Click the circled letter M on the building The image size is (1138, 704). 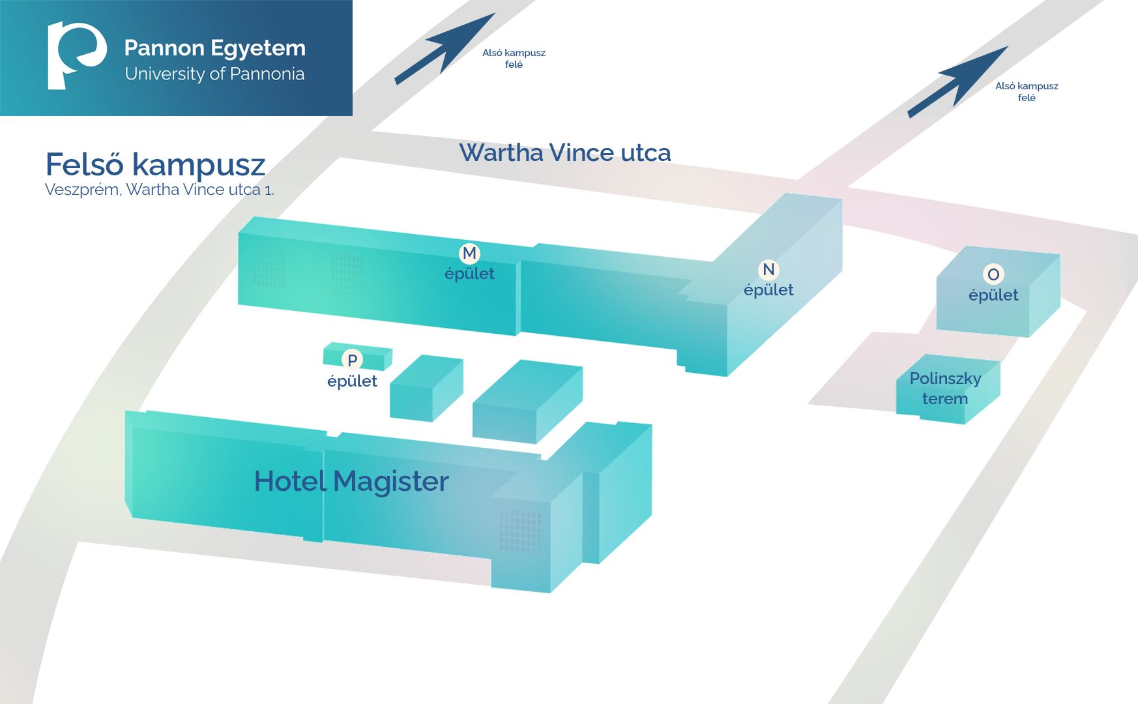click(469, 253)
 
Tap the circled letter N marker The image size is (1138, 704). click(768, 269)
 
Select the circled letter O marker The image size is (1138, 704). click(993, 274)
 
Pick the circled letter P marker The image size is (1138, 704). click(352, 360)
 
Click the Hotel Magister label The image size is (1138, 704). click(351, 482)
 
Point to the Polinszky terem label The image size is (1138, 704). click(945, 389)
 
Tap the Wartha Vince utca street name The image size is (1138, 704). click(564, 153)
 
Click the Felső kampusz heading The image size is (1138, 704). click(155, 164)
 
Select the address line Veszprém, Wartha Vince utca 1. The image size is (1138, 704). click(159, 190)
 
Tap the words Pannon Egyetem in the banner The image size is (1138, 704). click(214, 48)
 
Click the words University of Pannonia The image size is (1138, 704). click(214, 74)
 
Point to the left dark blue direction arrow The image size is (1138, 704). click(444, 50)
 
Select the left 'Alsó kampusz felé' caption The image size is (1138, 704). click(514, 59)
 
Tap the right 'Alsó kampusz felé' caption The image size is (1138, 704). click(1027, 92)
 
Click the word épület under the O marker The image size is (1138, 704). click(993, 295)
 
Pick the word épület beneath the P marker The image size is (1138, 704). click(352, 381)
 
